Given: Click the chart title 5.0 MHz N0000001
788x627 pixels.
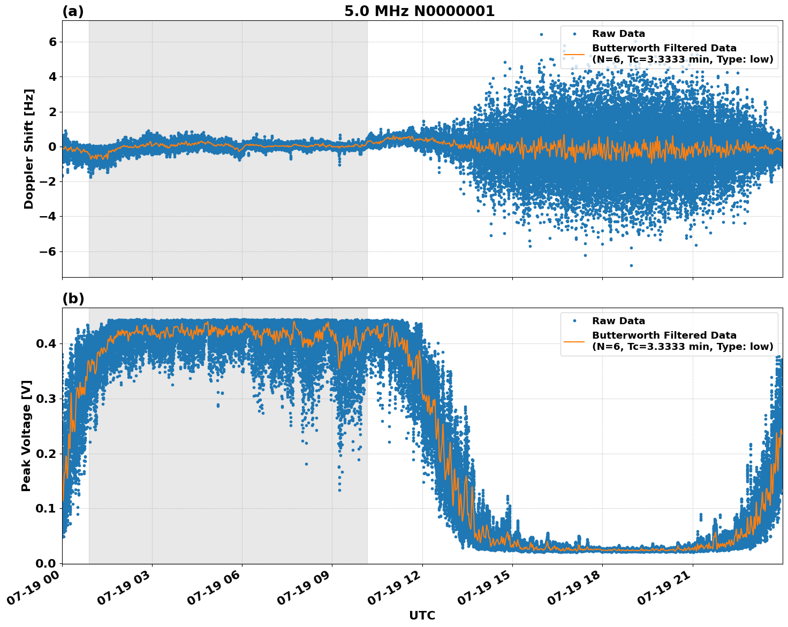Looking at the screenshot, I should pos(419,11).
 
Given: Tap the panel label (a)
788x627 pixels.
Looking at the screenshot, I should pos(73,11).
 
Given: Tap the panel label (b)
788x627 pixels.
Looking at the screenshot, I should pos(73,299).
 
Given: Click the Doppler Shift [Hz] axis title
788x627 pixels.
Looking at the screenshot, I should pos(29,149).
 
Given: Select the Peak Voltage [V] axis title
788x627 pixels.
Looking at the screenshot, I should pos(26,435).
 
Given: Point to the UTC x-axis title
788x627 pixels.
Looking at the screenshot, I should pos(422,615).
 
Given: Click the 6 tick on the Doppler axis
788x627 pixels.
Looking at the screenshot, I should pos(52,42).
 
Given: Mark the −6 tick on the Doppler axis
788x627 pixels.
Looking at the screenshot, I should pos(48,251).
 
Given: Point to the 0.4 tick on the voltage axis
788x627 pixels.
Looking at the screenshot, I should pos(46,343).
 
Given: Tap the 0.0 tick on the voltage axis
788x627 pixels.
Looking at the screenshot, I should pos(46,563).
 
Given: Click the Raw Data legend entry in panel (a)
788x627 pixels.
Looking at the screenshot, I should pos(618,34).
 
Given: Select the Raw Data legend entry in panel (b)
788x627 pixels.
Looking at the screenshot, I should pos(618,321).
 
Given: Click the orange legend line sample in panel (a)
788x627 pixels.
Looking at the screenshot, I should pos(574,54).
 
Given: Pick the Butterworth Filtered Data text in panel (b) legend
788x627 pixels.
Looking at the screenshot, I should pos(664,335).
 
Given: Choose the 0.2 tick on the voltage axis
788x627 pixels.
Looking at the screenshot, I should pos(46,454).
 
